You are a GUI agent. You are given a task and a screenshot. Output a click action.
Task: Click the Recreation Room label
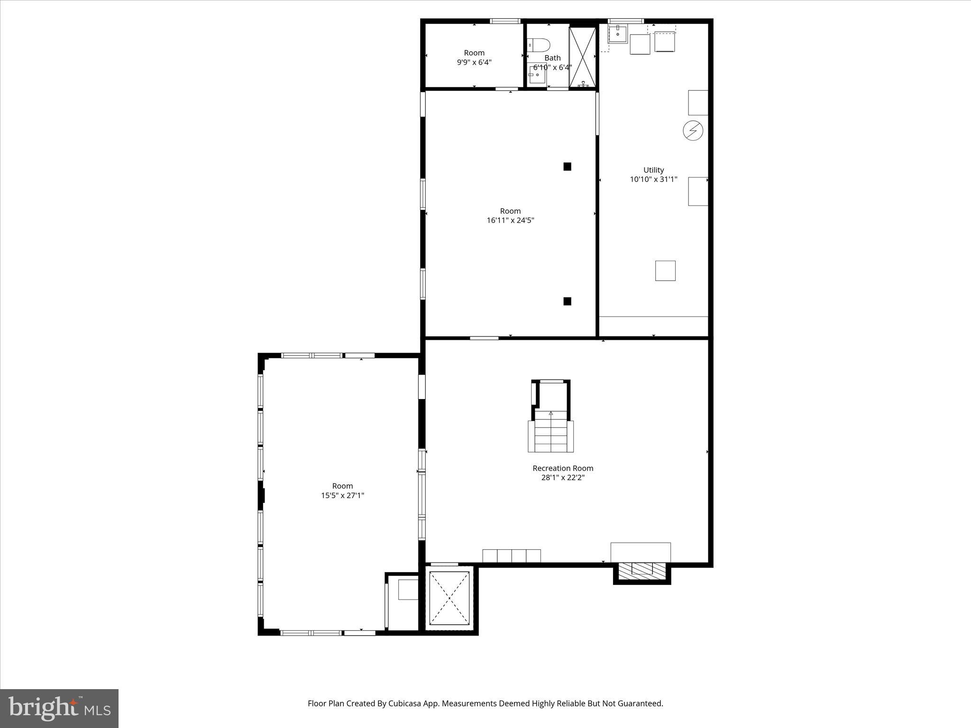pos(563,468)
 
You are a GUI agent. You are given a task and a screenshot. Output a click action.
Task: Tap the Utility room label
pos(653,170)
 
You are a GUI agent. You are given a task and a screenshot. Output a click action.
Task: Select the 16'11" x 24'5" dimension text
pos(510,220)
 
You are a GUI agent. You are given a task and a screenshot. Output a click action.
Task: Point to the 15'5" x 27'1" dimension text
pos(342,496)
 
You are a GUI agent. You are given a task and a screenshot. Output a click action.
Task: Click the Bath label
pos(552,58)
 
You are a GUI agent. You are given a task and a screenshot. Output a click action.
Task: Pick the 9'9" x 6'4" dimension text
pos(474,62)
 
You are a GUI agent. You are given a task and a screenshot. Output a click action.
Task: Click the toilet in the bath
pos(539,45)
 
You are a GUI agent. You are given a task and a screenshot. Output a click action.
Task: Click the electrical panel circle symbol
pos(693,130)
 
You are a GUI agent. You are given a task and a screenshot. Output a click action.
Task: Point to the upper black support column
pos(567,166)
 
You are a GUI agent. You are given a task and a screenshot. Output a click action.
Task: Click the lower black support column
pos(567,301)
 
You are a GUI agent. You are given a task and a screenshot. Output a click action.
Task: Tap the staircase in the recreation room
pos(551,434)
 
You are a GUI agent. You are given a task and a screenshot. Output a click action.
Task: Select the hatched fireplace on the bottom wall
pos(642,570)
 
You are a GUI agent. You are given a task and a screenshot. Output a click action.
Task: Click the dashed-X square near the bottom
pos(449,598)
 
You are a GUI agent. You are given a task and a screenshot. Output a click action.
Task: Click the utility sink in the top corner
pos(618,33)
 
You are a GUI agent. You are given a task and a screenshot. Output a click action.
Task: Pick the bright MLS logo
pos(59,709)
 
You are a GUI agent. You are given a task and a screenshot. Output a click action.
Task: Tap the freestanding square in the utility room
pos(665,271)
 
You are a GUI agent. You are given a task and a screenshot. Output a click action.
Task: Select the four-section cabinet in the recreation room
pos(512,555)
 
